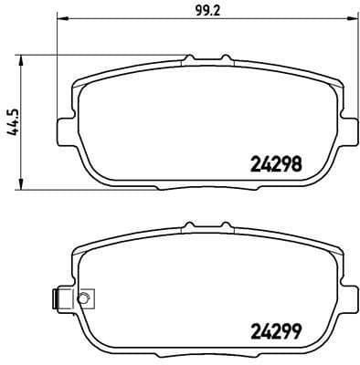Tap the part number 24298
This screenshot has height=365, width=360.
(276, 166)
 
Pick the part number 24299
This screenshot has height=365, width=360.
(276, 332)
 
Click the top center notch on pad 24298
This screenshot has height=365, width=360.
(189, 59)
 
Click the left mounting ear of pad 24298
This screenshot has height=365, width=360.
(62, 130)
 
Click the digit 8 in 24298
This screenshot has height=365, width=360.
(297, 166)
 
